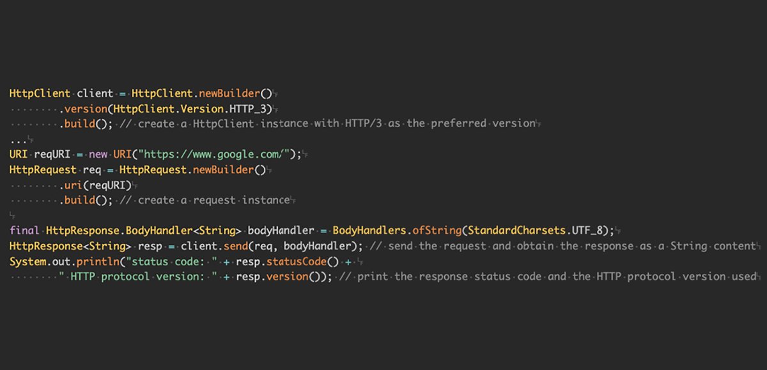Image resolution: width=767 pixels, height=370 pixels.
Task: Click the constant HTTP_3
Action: pos(251,109)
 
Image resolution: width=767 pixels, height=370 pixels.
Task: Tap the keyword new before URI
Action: pos(98,155)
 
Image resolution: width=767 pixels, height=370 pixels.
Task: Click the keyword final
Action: pos(24,231)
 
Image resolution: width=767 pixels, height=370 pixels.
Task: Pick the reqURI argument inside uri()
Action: pos(109,185)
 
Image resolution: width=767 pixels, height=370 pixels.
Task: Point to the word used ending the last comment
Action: pos(743,277)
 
